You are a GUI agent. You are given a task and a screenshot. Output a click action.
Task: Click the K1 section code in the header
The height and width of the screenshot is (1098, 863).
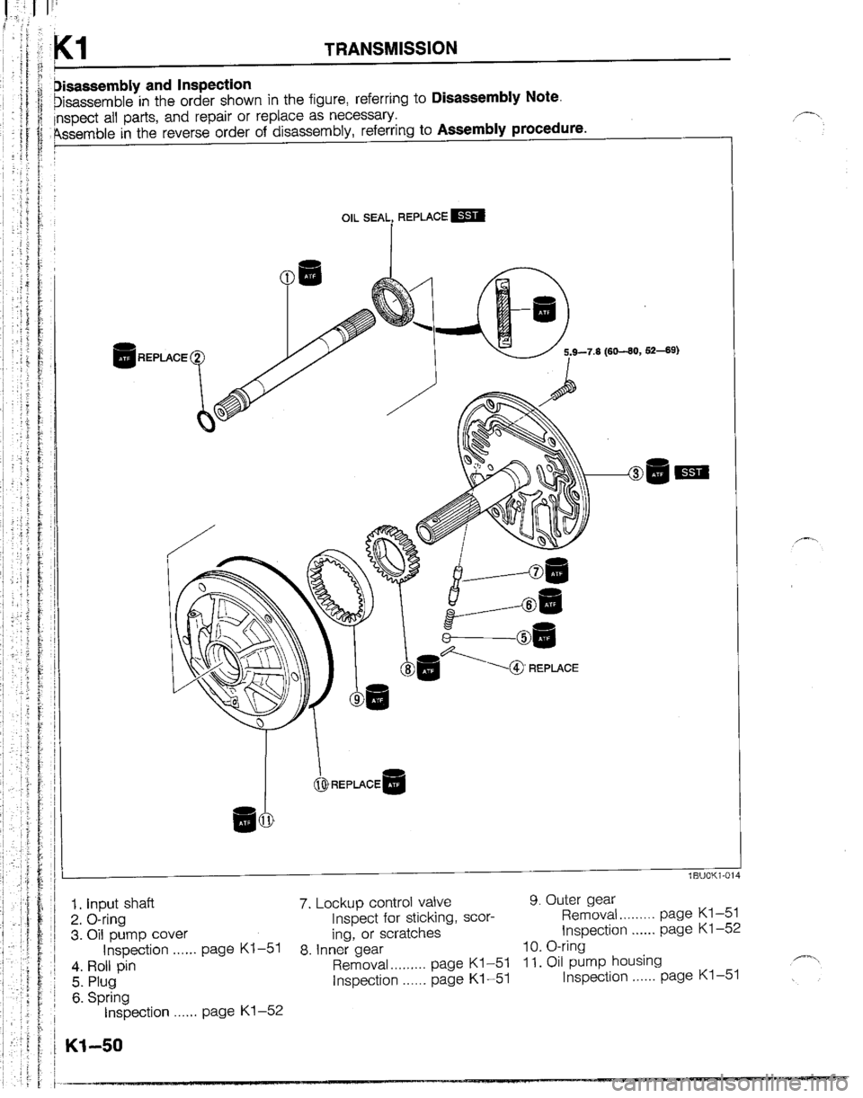pos(80,45)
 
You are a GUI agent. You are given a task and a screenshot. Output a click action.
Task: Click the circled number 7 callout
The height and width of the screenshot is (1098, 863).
pos(537,571)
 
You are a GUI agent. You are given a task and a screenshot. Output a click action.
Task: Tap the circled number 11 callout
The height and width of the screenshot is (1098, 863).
pos(266,820)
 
